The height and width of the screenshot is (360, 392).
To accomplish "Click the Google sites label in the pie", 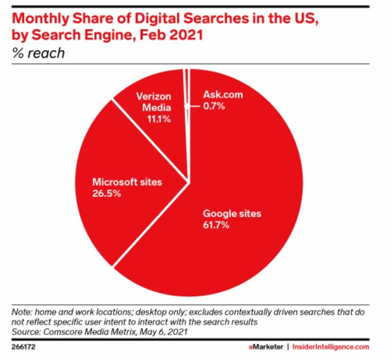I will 231,214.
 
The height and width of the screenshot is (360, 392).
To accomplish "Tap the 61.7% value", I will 216,225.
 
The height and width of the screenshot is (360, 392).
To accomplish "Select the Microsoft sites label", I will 127,182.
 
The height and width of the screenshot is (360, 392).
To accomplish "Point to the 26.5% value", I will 107,194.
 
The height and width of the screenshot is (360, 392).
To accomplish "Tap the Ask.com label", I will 223,94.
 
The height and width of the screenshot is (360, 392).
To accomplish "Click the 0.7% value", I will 214,106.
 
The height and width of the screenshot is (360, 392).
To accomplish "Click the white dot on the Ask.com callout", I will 187,106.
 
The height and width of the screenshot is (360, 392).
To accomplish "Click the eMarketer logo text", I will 266,347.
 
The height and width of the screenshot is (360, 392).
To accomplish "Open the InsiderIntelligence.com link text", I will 331,347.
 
